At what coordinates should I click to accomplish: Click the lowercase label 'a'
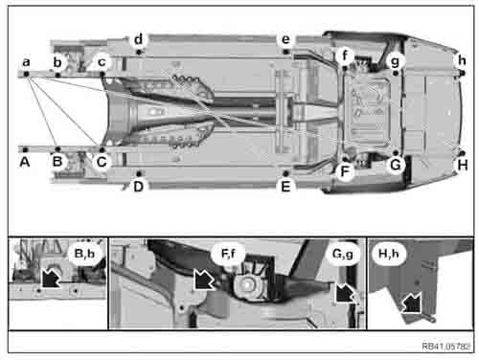pyautogui.click(x=26, y=62)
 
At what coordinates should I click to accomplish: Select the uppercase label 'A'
pyautogui.click(x=26, y=163)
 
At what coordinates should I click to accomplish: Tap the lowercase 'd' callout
pyautogui.click(x=139, y=39)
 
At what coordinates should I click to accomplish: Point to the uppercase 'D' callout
pyautogui.click(x=139, y=186)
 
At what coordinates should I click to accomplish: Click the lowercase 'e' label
pyautogui.click(x=285, y=39)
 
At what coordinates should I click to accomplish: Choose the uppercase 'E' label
pyautogui.click(x=285, y=186)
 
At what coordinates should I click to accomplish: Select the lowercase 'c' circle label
pyautogui.click(x=102, y=62)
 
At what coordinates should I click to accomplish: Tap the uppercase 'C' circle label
pyautogui.click(x=102, y=163)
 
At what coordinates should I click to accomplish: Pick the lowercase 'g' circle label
pyautogui.click(x=396, y=59)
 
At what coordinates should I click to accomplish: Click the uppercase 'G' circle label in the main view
pyautogui.click(x=393, y=164)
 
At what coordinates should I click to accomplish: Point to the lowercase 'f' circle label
pyautogui.click(x=346, y=57)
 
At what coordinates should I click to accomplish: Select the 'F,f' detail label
pyautogui.click(x=228, y=255)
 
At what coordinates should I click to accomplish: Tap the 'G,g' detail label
pyautogui.click(x=342, y=255)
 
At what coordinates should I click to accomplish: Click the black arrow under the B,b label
pyautogui.click(x=57, y=281)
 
